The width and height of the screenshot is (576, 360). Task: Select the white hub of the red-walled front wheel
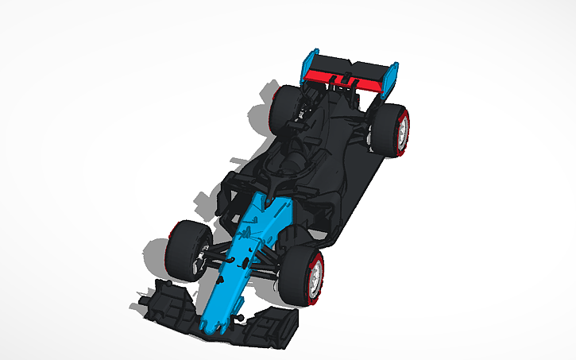pos(317,275)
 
